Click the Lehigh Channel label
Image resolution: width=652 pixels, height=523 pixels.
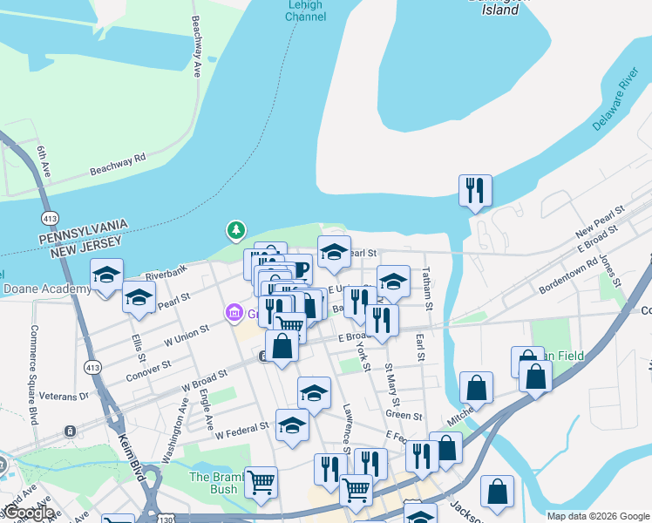305,10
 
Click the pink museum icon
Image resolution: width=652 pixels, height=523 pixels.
234,312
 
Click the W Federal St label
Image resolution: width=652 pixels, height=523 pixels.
242,430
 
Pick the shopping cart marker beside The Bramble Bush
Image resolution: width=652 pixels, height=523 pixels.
261,482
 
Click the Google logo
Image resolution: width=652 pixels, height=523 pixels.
28,513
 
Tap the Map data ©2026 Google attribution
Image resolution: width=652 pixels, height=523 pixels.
598,515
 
